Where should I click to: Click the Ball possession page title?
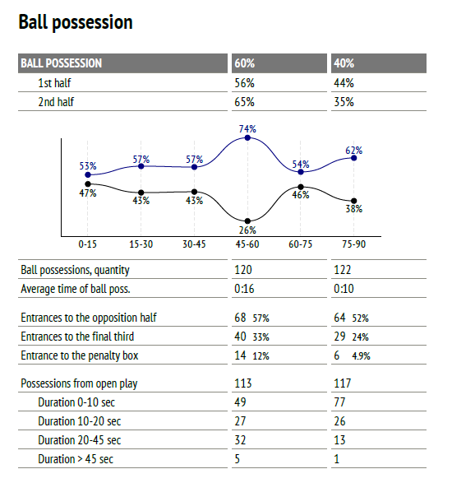coord(76,22)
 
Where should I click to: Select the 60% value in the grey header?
coord(245,63)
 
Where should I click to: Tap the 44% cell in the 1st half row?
coord(344,83)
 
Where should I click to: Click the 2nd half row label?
coord(56,102)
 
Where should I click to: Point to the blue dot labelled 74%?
coord(247,137)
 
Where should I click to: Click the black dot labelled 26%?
coord(247,221)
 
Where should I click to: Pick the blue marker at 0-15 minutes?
coord(88,174)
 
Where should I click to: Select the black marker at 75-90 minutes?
coord(354,201)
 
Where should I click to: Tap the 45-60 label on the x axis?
coord(247,244)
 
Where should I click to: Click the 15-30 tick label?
coord(141,244)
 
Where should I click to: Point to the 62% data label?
coord(354,151)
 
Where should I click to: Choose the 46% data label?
coord(301,195)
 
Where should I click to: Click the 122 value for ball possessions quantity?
coord(342,270)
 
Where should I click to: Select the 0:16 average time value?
coord(244,289)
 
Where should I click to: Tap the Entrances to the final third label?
coord(77,337)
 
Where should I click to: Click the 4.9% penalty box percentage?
coord(362,356)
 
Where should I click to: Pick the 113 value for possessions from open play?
coord(243,383)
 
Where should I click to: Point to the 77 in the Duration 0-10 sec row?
coord(339,402)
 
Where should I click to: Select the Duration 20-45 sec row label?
coord(80,440)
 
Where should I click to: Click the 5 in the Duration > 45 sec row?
coord(238,459)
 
